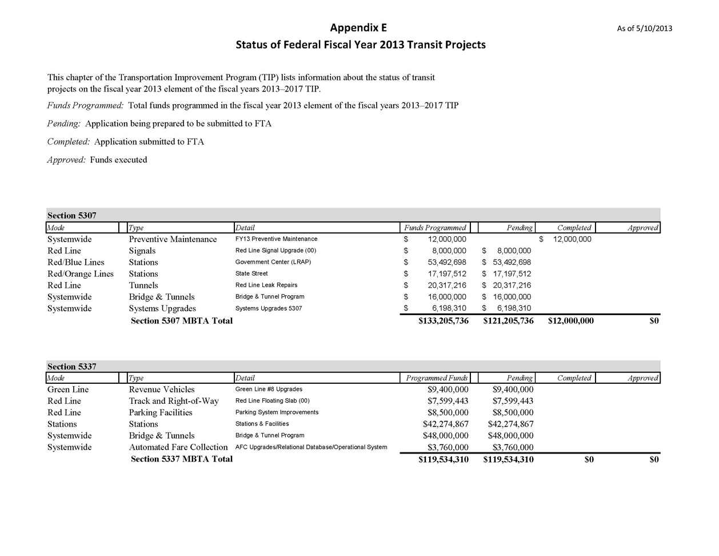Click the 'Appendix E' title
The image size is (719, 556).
(x=358, y=27)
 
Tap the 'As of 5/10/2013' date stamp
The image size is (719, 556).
(x=644, y=29)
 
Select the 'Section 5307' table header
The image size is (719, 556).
(x=71, y=216)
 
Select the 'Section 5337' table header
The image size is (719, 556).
(x=71, y=367)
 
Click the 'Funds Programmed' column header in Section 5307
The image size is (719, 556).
(x=435, y=228)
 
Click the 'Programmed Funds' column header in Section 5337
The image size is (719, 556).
(x=436, y=378)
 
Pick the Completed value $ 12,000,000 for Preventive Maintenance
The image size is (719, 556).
(x=566, y=239)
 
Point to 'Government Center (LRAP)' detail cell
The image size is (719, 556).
(x=273, y=262)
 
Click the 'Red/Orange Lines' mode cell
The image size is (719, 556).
(x=80, y=274)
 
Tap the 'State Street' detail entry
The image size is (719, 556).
(x=251, y=273)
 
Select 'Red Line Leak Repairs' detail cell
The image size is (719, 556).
(x=266, y=285)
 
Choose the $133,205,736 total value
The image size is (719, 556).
(x=443, y=321)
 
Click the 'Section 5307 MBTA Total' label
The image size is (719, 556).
(x=181, y=321)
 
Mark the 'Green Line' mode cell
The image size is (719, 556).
(x=67, y=390)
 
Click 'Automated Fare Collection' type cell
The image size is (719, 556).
(x=178, y=447)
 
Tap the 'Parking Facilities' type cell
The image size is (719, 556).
(x=161, y=412)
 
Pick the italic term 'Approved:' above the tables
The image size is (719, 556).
(x=66, y=160)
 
